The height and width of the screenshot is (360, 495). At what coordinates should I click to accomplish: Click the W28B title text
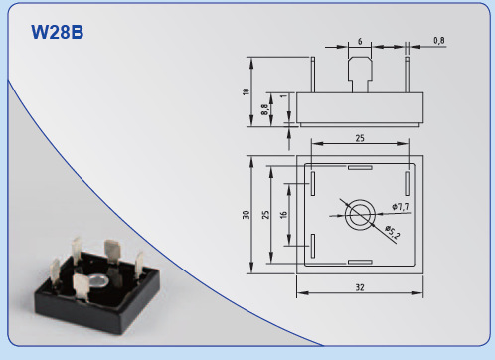(58, 32)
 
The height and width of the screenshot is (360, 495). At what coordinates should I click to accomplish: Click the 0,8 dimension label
(439, 41)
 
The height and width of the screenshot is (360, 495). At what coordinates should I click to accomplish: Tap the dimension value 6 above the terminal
(360, 42)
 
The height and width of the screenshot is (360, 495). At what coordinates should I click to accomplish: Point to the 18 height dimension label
(246, 91)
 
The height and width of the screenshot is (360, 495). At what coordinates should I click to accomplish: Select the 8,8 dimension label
(264, 109)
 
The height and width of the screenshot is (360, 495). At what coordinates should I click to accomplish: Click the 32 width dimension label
(360, 287)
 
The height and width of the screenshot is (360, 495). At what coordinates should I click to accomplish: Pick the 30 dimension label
(246, 215)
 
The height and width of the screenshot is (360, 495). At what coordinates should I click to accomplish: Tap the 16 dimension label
(283, 215)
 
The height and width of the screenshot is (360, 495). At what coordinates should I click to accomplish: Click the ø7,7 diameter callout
(401, 207)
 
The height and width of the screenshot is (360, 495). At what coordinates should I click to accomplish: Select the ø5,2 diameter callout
(393, 232)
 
